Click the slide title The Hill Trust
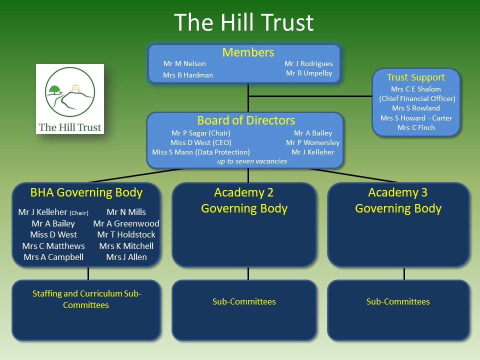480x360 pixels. point(244,22)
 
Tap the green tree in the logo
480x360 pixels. point(55,89)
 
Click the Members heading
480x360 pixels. point(248,52)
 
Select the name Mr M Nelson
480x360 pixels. point(184,63)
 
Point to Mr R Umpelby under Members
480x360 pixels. point(309,73)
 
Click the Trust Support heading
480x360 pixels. point(415,77)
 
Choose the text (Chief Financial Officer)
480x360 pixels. point(417,98)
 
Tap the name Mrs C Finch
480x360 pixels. point(416,127)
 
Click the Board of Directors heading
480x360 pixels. point(246,120)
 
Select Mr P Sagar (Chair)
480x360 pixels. point(201,133)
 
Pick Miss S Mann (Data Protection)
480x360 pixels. point(201,152)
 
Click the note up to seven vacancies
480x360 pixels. point(252,161)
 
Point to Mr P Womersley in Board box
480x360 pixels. point(312,142)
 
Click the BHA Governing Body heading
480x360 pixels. point(86,192)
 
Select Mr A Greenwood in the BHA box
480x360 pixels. point(126,223)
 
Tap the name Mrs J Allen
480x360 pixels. point(126,257)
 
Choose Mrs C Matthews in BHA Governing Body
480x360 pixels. point(53,246)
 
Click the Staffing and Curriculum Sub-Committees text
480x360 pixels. point(86,299)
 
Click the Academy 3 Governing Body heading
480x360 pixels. point(398,200)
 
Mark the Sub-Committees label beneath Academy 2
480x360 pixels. point(244,302)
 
